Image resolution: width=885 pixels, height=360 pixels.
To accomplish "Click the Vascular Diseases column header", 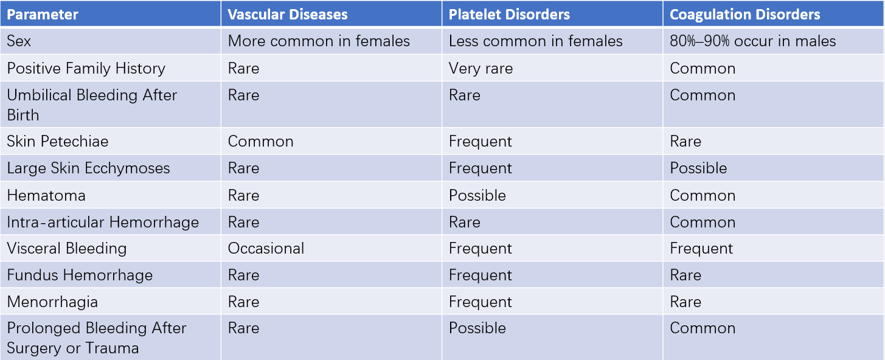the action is click(x=288, y=15).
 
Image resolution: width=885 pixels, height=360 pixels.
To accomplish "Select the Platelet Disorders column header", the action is click(x=509, y=15).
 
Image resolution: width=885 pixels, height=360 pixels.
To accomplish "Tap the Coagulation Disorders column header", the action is click(x=744, y=15).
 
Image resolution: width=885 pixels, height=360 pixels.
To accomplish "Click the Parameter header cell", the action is click(x=43, y=15).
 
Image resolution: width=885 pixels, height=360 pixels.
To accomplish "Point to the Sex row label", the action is click(x=19, y=41).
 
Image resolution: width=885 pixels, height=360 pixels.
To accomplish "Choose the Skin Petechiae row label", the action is click(x=57, y=142).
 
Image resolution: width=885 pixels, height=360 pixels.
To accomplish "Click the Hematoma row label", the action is click(x=46, y=196).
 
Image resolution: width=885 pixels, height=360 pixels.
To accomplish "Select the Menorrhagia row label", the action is click(x=52, y=302).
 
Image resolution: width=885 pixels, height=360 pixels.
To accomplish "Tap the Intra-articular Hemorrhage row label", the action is click(x=103, y=222).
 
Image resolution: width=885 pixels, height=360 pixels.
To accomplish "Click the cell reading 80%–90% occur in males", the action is click(x=752, y=41).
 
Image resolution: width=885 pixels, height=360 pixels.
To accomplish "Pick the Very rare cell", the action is click(x=481, y=69).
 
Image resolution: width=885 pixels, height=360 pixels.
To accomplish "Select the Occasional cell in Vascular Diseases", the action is click(x=266, y=249).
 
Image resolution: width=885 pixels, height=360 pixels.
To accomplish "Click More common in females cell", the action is click(x=319, y=41).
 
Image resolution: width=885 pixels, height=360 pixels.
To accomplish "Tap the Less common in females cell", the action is click(x=535, y=41).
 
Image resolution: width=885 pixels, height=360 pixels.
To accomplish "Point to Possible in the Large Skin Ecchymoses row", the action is click(x=698, y=168).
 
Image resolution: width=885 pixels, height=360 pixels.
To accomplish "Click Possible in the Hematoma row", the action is click(x=477, y=196).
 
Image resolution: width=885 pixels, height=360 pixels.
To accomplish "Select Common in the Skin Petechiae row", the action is click(x=260, y=142).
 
